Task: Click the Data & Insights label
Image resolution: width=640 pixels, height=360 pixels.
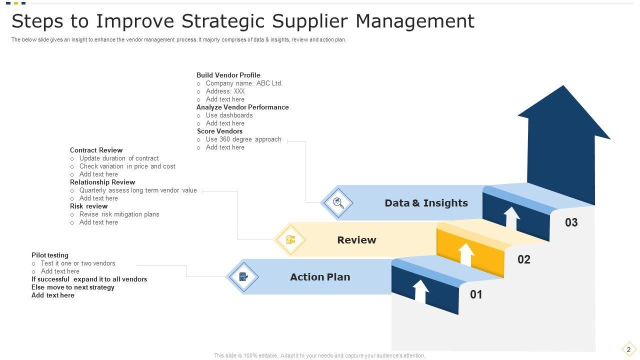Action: (426, 203)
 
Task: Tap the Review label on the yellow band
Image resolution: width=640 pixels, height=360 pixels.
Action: (356, 240)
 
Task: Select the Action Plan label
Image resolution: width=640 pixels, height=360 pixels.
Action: (320, 277)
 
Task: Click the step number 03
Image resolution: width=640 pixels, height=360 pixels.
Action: (571, 222)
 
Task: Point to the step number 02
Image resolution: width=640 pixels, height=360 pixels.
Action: (523, 259)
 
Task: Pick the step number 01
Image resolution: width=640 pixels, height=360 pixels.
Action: (476, 294)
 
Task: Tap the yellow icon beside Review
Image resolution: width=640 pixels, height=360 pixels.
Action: (291, 240)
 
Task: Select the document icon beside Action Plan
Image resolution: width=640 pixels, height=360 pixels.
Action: (243, 277)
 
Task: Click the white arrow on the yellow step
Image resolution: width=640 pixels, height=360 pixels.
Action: (466, 255)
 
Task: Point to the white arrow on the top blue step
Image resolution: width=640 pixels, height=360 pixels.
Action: (511, 218)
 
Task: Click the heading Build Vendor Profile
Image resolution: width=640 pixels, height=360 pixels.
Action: (228, 75)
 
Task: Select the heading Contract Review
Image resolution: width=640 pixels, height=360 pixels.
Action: (96, 150)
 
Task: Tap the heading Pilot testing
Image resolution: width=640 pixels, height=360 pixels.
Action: (50, 255)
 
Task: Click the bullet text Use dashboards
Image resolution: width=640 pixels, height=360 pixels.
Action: (229, 115)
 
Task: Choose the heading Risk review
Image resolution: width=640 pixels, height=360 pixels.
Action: (88, 206)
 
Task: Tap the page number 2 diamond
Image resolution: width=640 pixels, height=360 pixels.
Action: (628, 349)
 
